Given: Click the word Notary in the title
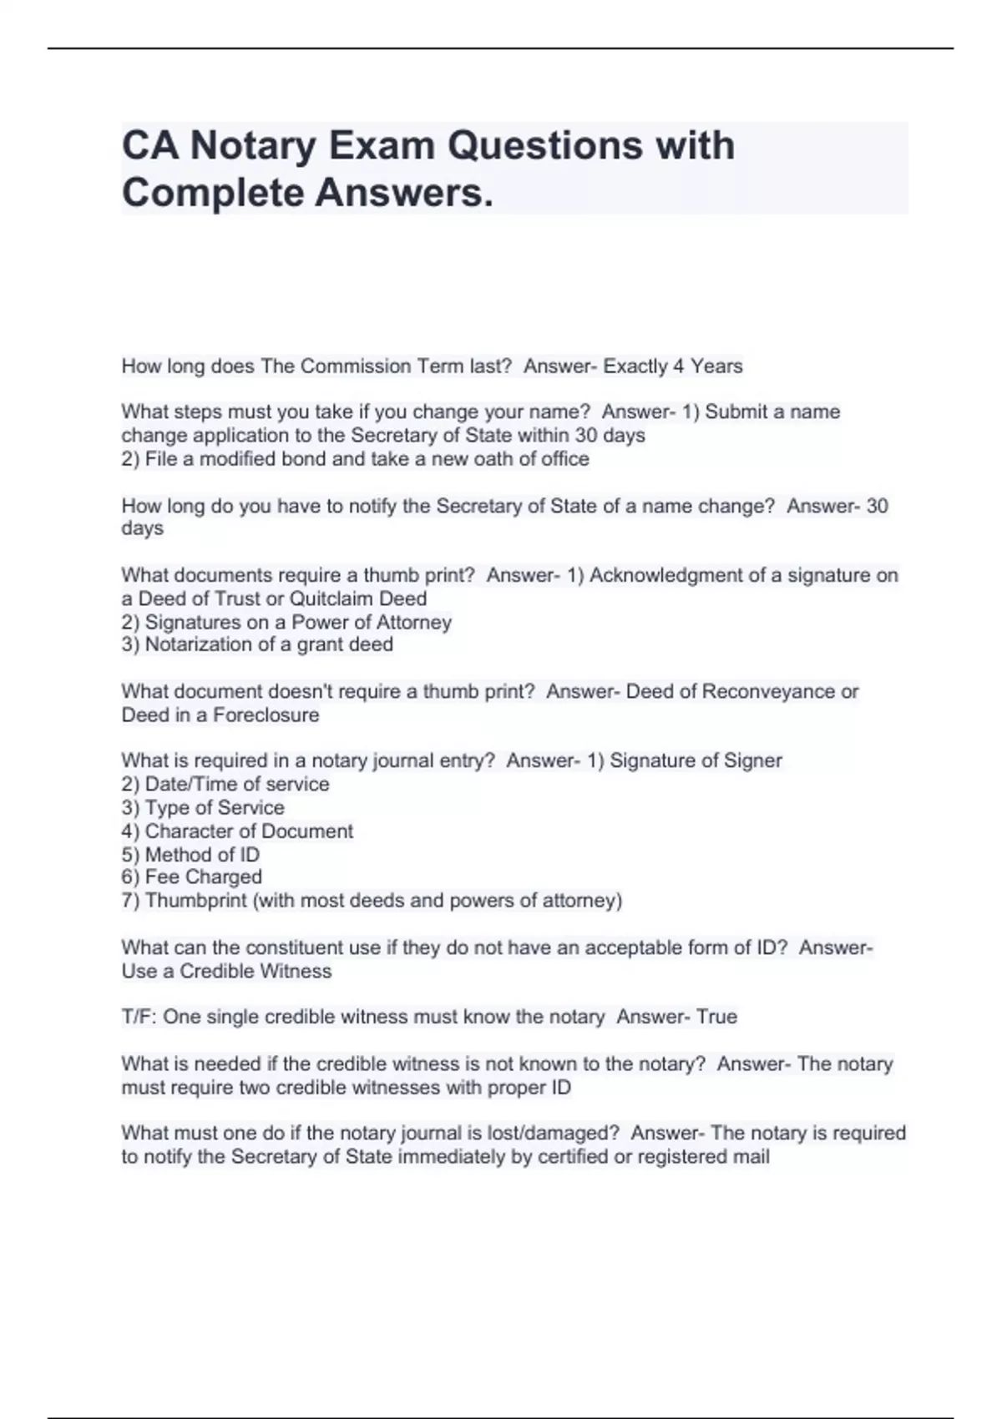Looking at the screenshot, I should coord(253,146).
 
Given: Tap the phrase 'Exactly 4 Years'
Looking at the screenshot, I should coord(673,366).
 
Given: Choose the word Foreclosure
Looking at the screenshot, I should coord(266,715).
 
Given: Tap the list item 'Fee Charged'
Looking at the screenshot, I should coord(203,877).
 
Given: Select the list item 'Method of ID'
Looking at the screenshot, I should coord(202,855).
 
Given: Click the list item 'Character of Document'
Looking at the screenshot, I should coord(249,831).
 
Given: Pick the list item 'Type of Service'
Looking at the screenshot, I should coord(215,808).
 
